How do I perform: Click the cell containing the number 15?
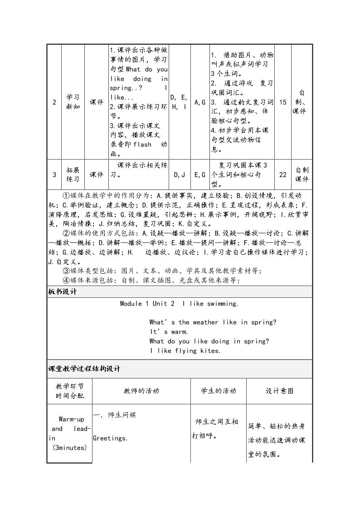(x=283, y=102)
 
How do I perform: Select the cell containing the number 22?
(x=283, y=175)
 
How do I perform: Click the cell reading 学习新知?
(x=73, y=102)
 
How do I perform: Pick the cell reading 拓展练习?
(x=73, y=175)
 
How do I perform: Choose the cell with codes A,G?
(x=200, y=102)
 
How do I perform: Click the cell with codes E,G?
(x=200, y=175)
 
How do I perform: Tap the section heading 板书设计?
(x=63, y=292)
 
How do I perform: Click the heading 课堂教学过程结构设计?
(x=84, y=369)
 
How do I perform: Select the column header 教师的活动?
(x=141, y=391)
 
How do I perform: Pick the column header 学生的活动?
(x=219, y=391)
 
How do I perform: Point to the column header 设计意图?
(x=280, y=391)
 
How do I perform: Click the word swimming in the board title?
(x=223, y=304)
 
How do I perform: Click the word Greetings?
(x=110, y=438)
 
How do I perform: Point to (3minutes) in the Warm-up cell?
(x=69, y=448)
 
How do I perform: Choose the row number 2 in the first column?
(x=54, y=102)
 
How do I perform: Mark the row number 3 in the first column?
(x=54, y=175)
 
